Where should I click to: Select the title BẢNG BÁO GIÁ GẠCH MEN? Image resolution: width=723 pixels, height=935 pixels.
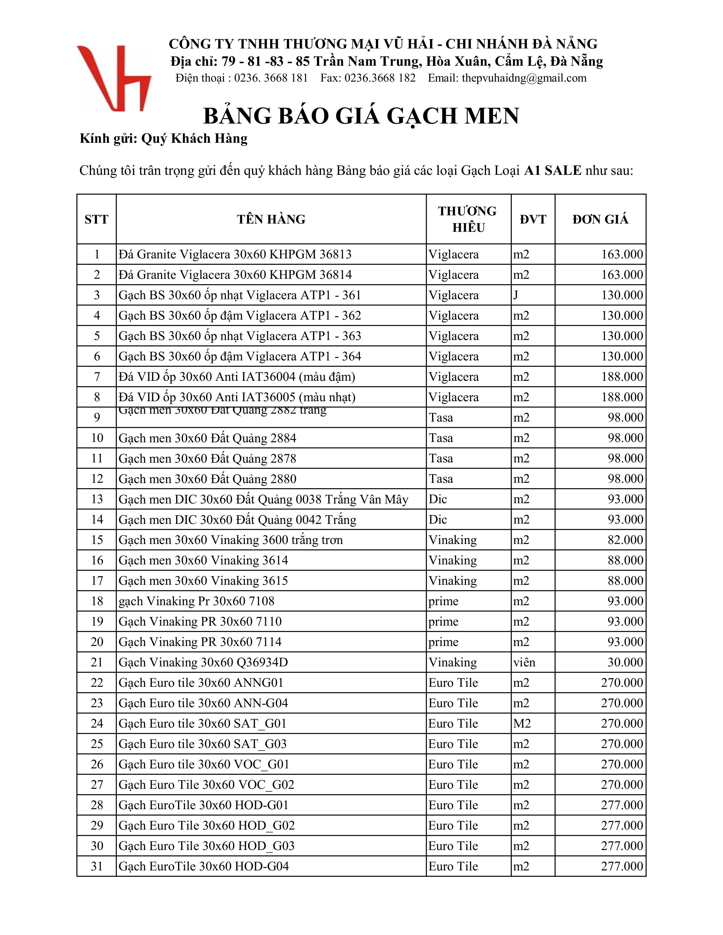[361, 116]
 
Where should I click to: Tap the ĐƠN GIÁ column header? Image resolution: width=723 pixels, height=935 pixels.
[600, 219]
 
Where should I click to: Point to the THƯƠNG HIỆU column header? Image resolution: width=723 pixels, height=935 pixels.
[468, 219]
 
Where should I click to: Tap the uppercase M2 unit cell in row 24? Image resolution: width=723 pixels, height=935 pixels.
[522, 724]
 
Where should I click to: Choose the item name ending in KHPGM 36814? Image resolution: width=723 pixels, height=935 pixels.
[235, 275]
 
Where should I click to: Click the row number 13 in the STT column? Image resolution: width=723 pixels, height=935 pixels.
[97, 499]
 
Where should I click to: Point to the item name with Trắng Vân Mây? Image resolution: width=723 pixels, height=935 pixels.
[263, 499]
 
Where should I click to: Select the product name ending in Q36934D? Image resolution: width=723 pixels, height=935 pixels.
[204, 662]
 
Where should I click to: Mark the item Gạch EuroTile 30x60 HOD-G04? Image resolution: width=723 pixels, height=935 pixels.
[204, 866]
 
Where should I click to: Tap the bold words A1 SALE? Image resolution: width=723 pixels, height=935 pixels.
[553, 170]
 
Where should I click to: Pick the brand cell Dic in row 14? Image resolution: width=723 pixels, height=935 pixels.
[438, 520]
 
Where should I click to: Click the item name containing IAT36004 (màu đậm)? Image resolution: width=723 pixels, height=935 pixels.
[237, 377]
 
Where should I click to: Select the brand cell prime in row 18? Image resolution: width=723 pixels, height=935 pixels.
[443, 601]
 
